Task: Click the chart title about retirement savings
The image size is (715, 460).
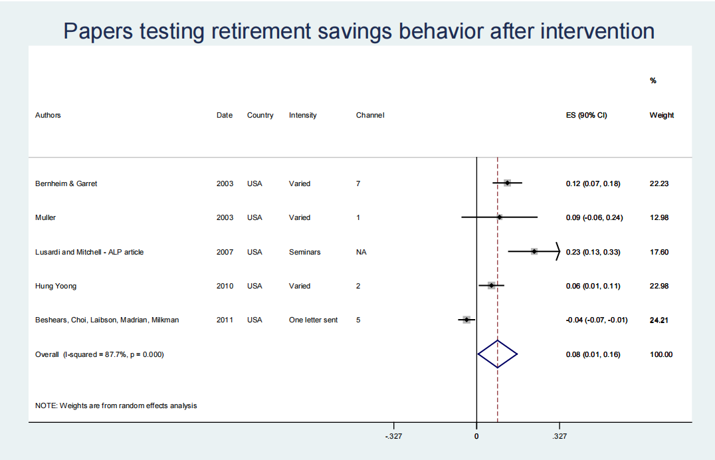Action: (359, 31)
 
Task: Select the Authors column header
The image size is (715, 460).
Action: (48, 115)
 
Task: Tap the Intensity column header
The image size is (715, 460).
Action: (302, 115)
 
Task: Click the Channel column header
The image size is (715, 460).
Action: (370, 115)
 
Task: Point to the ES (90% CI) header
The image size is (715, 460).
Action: (586, 115)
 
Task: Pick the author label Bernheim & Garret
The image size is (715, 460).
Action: (66, 183)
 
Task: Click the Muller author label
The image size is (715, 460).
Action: (46, 217)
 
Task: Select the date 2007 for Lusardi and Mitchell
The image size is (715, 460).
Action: (225, 252)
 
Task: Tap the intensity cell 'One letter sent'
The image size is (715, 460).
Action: (313, 320)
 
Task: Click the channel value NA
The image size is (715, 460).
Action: (361, 252)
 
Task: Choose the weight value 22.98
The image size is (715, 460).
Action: (659, 286)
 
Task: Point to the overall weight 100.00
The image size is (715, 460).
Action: (661, 354)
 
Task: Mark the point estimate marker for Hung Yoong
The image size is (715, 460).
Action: (491, 286)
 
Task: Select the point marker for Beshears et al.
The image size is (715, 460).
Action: (466, 320)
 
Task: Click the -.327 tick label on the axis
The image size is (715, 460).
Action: (393, 436)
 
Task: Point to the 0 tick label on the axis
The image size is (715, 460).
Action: (476, 436)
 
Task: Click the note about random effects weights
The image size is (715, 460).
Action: (116, 405)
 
